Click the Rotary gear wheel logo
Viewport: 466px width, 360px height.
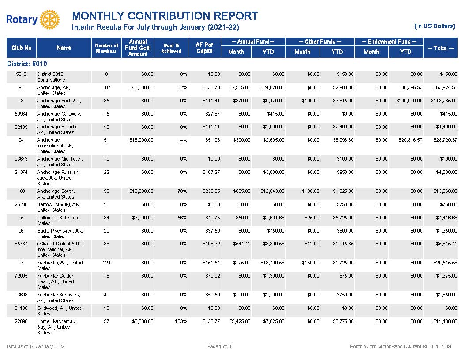point(49,19)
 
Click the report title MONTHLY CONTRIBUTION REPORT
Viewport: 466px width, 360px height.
point(165,16)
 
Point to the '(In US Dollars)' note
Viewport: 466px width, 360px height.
point(435,26)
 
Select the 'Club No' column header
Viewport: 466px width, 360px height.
point(21,48)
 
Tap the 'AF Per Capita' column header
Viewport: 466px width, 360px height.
point(204,48)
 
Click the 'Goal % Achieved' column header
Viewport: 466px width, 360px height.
point(171,48)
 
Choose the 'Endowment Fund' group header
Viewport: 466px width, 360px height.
point(389,41)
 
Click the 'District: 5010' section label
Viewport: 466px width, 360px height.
point(27,64)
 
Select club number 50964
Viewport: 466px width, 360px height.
point(21,114)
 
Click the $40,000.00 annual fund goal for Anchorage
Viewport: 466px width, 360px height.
point(142,87)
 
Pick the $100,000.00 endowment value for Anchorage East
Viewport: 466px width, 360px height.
point(409,101)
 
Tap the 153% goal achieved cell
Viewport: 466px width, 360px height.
point(181,321)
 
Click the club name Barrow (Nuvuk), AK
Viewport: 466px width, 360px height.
point(59,207)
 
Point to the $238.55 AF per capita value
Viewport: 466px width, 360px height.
point(211,191)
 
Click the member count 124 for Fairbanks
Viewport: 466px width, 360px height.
point(106,262)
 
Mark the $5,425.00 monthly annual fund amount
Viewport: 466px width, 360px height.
point(240,321)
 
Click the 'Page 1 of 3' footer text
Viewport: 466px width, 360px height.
point(219,346)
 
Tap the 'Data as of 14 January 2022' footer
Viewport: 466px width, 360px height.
point(35,346)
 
